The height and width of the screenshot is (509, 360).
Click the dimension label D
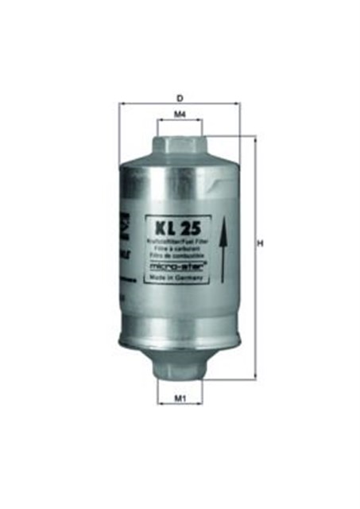coord(180,97)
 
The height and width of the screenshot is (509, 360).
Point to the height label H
coord(260,244)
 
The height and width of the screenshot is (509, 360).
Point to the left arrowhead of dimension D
coord(122,103)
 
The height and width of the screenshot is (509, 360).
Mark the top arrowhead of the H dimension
coord(254,139)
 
